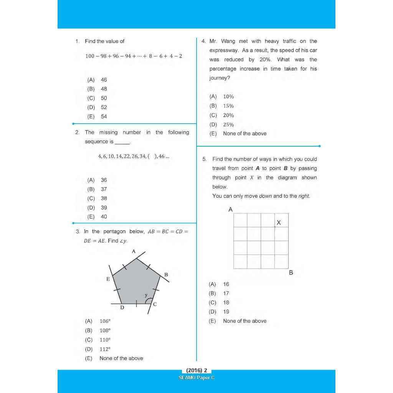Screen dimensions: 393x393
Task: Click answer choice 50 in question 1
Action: click(x=104, y=98)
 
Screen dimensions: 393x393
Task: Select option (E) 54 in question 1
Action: click(x=104, y=117)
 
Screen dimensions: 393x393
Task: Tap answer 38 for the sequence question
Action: click(x=104, y=198)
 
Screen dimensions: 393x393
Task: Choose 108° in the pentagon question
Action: click(x=105, y=330)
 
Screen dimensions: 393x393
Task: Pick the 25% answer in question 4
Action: click(x=228, y=125)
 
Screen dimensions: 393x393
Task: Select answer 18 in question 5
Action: click(x=226, y=303)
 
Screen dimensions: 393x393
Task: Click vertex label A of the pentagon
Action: click(x=134, y=251)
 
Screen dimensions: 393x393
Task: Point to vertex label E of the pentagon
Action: click(x=108, y=279)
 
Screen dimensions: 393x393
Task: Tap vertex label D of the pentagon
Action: click(x=122, y=307)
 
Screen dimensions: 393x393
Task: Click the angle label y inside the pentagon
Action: click(x=146, y=295)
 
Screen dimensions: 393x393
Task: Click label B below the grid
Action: click(x=291, y=272)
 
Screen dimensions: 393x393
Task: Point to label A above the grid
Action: click(x=230, y=210)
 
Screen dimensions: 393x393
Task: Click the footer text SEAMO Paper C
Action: click(x=196, y=378)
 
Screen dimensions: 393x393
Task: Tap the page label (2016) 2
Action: click(x=196, y=371)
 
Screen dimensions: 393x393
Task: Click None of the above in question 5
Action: click(x=244, y=321)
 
